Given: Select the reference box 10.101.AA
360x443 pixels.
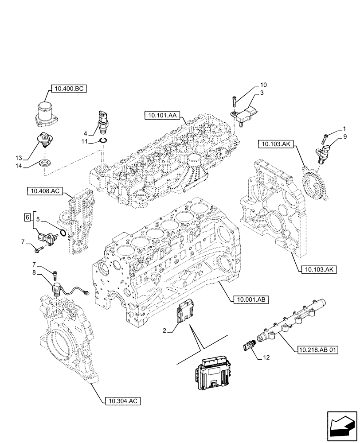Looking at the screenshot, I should [160, 116].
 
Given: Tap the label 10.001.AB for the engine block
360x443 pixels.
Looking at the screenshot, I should [250, 300].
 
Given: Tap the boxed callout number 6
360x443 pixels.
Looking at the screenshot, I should [27, 218].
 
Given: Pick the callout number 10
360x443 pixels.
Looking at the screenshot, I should [263, 84].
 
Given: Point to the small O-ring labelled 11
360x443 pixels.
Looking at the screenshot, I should [103, 141].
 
